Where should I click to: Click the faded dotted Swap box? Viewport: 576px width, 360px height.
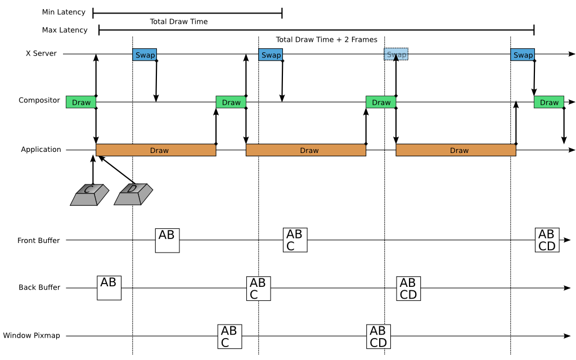coord(396,55)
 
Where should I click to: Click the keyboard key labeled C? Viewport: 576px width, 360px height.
coord(89,194)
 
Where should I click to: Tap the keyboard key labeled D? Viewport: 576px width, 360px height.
coord(133,194)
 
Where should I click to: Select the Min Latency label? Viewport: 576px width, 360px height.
coord(64,12)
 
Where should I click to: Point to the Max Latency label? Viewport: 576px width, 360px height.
coord(65,30)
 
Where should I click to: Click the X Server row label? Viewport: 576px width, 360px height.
coord(41,54)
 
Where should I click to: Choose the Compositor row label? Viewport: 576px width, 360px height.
coord(39,101)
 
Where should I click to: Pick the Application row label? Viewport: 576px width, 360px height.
coord(41,150)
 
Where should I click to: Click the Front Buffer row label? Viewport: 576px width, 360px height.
coord(39,241)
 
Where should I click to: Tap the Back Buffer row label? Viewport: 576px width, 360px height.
coord(39,287)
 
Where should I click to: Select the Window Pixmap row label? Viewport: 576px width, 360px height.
coord(31,336)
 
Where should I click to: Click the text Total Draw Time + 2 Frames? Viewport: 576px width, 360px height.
coord(318,40)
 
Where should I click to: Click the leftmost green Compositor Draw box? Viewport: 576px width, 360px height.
coord(81,102)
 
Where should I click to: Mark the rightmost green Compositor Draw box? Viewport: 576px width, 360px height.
coord(549,102)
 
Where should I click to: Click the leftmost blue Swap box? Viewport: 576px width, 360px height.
coord(145,55)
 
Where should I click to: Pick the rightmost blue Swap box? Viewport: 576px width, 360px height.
coord(523,55)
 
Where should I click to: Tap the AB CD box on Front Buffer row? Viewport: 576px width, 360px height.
coord(547,240)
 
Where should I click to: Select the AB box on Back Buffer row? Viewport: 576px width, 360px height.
coord(109,287)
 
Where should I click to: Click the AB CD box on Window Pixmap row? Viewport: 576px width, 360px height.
coord(378,336)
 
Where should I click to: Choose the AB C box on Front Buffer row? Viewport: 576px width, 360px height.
coord(295,240)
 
